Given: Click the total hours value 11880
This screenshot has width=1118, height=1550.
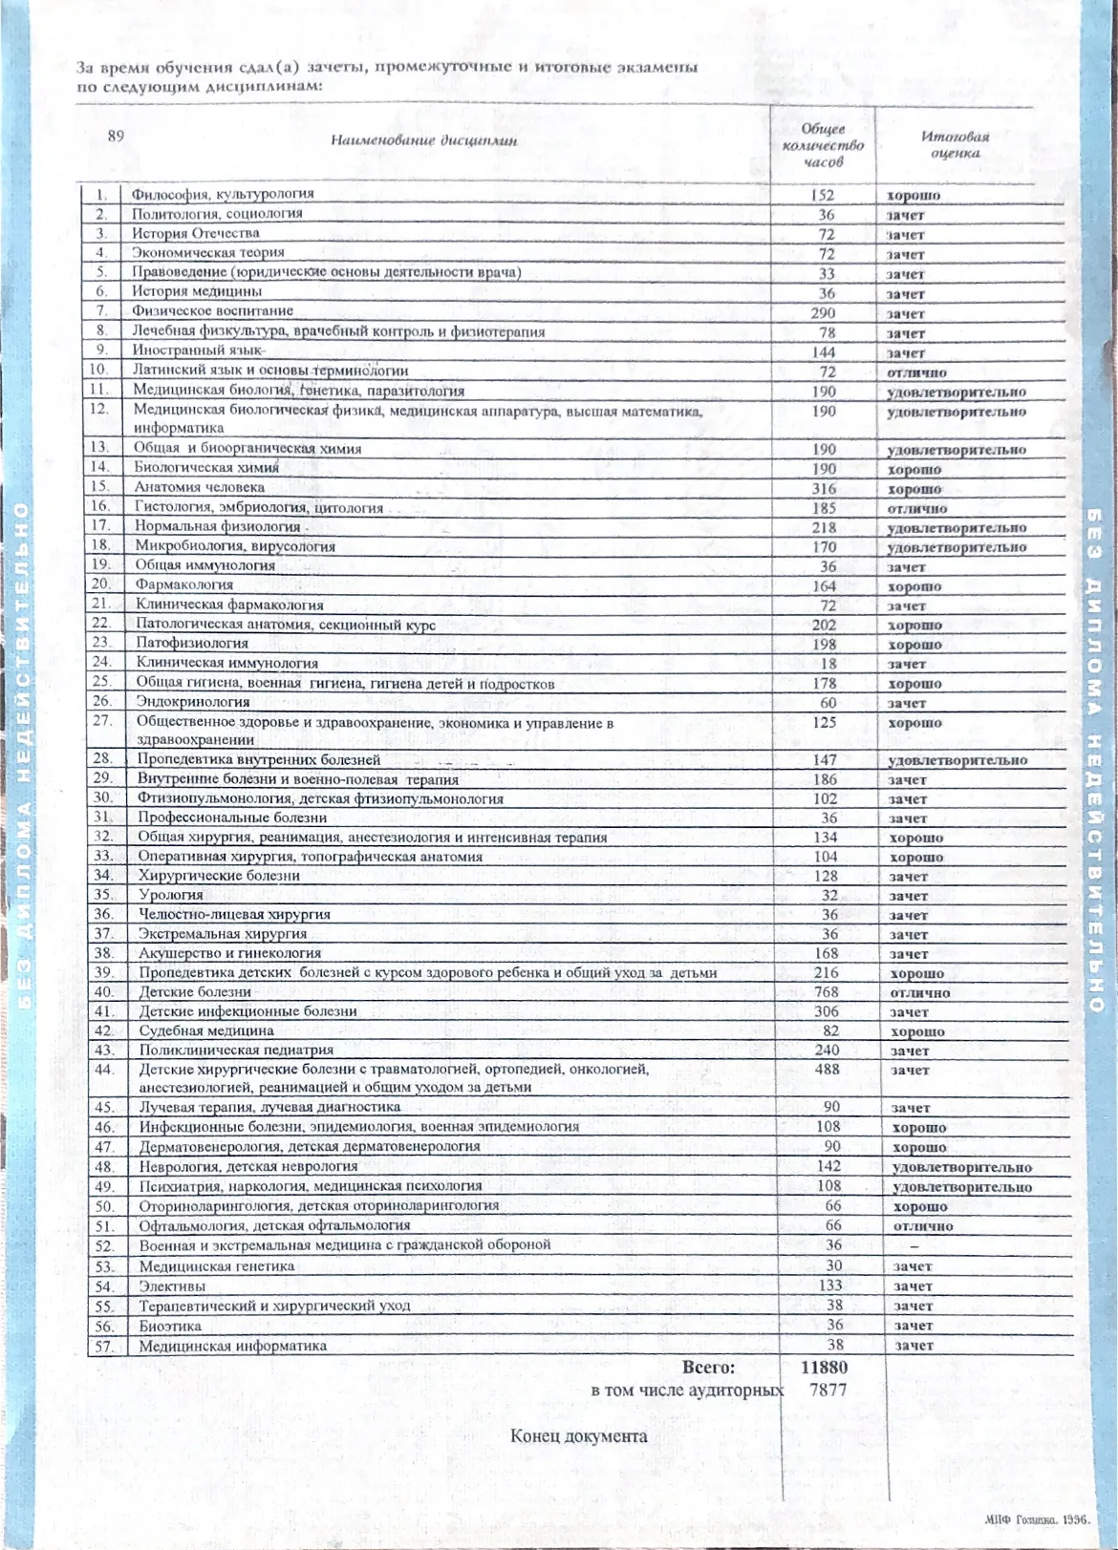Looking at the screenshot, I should coord(824,1367).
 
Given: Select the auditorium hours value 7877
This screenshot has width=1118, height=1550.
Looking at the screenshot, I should coord(828,1390).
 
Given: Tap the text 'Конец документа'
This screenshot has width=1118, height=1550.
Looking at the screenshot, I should coord(578,1436).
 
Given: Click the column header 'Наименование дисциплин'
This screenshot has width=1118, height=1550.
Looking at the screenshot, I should coord(423,140).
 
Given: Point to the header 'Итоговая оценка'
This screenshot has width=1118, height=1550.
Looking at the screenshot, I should coord(955,144).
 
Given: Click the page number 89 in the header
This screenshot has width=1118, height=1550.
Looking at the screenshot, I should coord(116,136).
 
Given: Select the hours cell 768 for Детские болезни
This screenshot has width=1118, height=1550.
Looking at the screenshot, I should coord(826,992).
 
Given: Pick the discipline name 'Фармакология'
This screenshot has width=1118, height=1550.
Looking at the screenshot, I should coord(184,584).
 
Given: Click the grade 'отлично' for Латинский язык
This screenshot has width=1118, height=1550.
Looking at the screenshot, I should coord(916,372).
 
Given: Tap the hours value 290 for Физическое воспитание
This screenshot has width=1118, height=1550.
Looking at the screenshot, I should coord(822,313).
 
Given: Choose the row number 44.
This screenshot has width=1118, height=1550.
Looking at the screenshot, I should coord(103,1069).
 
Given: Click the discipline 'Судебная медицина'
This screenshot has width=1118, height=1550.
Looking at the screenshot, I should coord(206,1030).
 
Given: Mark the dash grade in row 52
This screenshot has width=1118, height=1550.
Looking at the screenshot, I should coord(914,1246).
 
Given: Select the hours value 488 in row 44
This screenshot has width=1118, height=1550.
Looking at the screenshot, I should coord(827,1070).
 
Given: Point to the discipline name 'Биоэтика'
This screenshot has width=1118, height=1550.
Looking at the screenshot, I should coord(170,1326).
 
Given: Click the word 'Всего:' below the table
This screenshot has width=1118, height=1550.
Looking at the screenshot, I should coord(708,1367).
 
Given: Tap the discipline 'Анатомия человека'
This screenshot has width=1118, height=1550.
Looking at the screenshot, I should coord(199,487).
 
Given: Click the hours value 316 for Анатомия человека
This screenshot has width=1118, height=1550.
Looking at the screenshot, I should coord(823,489).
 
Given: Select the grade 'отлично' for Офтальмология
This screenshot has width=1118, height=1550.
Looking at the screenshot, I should coord(923,1226).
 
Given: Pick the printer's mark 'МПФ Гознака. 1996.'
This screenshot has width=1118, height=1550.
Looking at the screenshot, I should coord(1037,1519).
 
